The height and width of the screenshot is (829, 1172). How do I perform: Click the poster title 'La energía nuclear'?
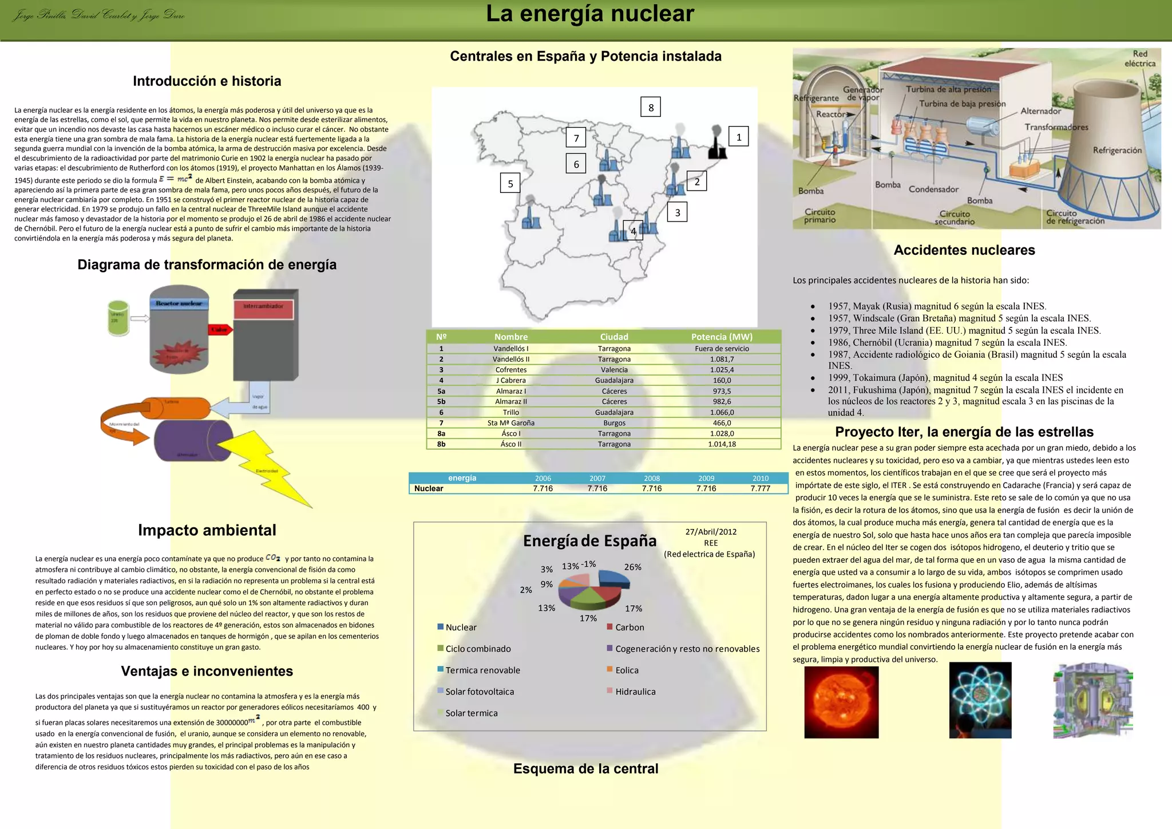click(x=590, y=14)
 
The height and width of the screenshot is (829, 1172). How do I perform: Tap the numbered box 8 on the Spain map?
click(x=651, y=107)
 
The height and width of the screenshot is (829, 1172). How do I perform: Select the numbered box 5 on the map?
click(x=510, y=183)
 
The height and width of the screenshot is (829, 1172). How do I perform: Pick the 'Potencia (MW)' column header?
click(x=722, y=337)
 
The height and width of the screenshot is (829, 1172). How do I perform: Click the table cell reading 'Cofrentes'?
click(x=511, y=370)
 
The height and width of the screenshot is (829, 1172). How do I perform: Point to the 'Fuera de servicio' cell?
click(x=722, y=349)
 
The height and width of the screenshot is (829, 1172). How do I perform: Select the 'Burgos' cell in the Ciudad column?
click(x=614, y=423)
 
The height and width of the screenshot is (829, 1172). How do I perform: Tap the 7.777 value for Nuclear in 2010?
click(x=760, y=488)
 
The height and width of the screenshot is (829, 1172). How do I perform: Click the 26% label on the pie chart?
click(x=632, y=567)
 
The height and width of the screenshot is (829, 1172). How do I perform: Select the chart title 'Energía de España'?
click(x=589, y=541)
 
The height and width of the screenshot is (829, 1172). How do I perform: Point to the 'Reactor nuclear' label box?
click(x=179, y=303)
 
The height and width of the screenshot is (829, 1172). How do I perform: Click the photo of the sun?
click(x=841, y=702)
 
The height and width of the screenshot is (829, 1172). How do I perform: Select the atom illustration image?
click(x=980, y=700)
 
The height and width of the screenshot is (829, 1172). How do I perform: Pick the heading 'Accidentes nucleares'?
click(x=964, y=250)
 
